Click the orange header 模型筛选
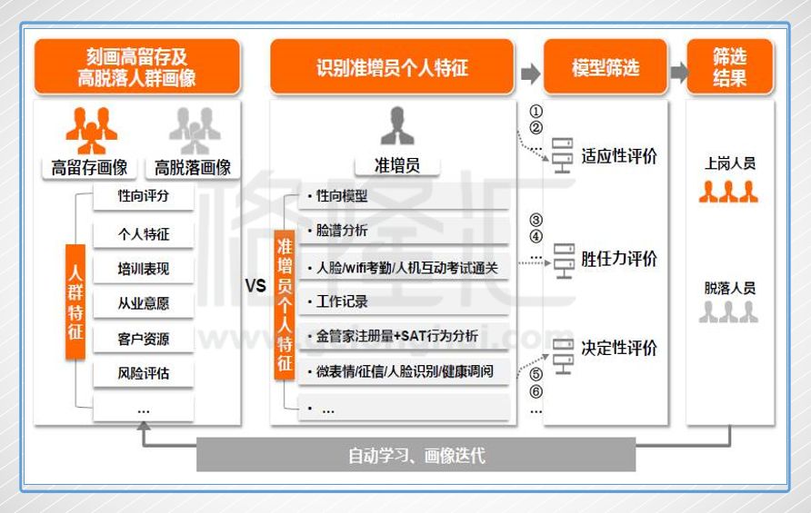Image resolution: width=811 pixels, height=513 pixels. tap(605, 68)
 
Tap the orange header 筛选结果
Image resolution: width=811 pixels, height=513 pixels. tap(729, 68)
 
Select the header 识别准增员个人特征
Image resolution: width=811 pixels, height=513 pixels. tap(392, 68)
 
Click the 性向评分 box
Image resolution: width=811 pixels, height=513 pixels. tap(144, 196)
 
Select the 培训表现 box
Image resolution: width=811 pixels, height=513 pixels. tap(144, 269)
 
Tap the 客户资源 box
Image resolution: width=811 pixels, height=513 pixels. tap(144, 340)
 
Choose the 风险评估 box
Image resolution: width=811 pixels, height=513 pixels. tap(144, 373)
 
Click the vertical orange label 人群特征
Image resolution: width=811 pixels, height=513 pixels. tap(75, 302)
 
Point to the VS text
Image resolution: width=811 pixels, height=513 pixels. tap(255, 286)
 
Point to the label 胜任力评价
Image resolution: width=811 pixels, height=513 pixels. tap(619, 259)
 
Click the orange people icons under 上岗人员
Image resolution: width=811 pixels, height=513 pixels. tap(729, 192)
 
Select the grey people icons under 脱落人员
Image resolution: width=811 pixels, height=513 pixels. tap(729, 313)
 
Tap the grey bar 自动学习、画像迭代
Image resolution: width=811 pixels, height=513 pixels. tap(416, 455)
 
